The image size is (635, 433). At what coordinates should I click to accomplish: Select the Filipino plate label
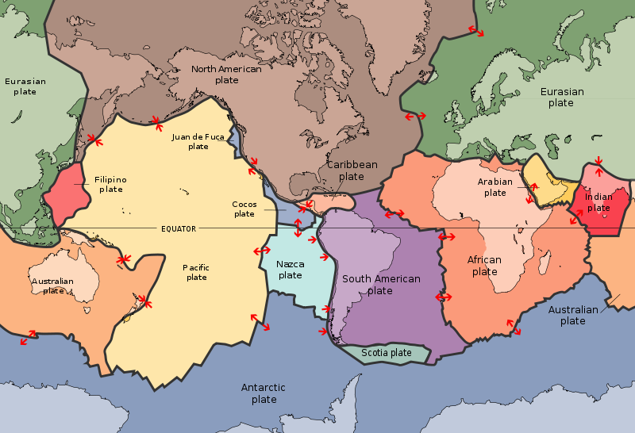[110, 184]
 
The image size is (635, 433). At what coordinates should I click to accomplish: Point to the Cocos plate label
[244, 209]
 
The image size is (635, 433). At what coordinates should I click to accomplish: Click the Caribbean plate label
[352, 171]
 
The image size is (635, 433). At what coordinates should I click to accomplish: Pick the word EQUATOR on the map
[179, 228]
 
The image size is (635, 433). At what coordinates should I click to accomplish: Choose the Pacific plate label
[196, 272]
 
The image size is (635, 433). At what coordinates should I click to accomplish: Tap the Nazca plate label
[290, 270]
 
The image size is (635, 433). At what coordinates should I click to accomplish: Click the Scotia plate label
[387, 353]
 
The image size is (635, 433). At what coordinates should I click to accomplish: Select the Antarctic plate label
[264, 393]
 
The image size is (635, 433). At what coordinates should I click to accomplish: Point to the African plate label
[484, 266]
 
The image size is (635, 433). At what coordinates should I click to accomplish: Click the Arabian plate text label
[495, 186]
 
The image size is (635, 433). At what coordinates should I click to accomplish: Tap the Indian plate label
[598, 202]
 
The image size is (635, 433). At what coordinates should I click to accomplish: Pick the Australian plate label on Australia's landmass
[52, 285]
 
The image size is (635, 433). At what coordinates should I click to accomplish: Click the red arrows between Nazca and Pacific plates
[261, 251]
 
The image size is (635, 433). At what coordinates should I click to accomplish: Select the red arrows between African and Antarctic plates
[514, 326]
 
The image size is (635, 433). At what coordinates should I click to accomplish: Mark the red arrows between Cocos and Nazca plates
[298, 228]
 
